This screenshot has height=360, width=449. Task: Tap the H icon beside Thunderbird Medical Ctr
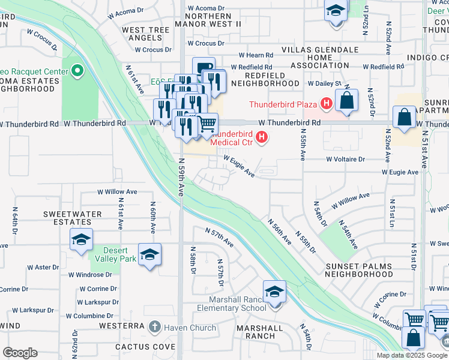coord(261,139)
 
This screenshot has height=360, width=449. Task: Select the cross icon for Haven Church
coord(155,328)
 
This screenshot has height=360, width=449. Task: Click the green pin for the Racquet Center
coord(77,72)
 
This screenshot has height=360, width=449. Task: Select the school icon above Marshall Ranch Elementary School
coord(274,292)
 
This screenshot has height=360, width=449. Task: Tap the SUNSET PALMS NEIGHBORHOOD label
coord(358,269)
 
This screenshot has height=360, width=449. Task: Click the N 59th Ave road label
coord(181,177)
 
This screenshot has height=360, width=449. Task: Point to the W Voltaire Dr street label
coord(345,160)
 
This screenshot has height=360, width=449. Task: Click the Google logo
coord(20,353)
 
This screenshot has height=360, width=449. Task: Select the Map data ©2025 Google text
coord(411,355)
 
